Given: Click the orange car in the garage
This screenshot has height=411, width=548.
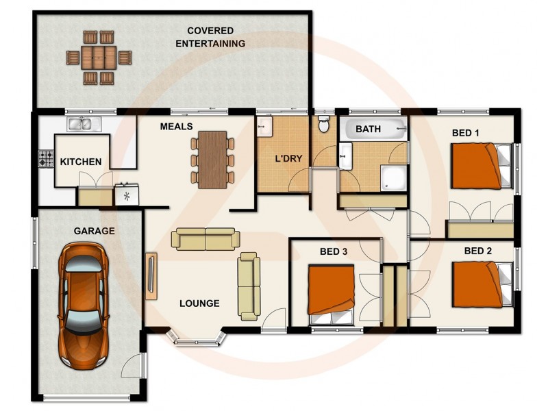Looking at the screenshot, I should click(82, 305).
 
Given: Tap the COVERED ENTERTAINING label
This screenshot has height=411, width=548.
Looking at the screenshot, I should click(210, 37).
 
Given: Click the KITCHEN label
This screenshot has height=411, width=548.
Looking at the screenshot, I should click(81, 162).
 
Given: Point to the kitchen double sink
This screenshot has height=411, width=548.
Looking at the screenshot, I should click(84, 124).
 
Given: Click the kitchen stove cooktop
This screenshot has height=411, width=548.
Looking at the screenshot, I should click(46, 160).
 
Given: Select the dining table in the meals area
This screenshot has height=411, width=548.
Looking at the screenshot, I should click(212, 159).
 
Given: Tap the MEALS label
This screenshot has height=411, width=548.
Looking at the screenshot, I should click(176, 127).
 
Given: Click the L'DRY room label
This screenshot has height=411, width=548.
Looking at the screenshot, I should click(288, 159).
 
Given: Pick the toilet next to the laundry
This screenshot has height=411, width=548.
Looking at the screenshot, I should click(325, 125).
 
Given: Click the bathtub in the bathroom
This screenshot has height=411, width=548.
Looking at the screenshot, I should click(374, 129).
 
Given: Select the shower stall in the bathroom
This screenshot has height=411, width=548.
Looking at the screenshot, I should click(393, 177).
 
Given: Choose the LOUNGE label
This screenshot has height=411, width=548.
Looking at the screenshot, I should click(199, 303).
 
